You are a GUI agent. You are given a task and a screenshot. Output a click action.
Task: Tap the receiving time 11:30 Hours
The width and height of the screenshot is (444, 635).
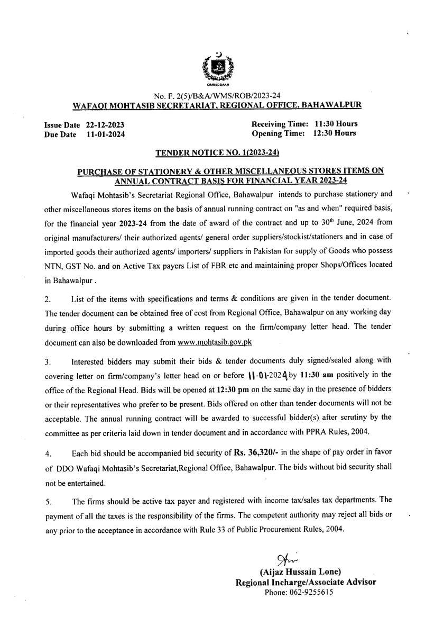pos(336,124)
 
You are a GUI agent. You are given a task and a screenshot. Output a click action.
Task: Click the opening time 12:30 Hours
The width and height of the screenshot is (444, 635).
pos(335,133)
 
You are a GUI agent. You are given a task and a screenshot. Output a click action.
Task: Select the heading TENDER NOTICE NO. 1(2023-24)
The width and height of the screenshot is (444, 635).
pos(217,153)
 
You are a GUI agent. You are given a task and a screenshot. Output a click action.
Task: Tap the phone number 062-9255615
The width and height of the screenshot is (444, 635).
pos(299,593)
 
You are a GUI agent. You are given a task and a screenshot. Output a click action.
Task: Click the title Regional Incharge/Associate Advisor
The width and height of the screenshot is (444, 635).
pos(306,582)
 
